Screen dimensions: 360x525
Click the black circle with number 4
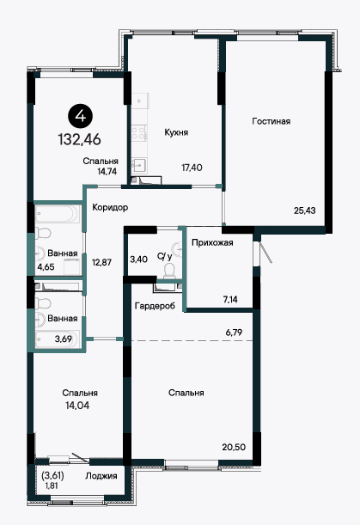[81, 116]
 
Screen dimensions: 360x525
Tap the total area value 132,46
[80, 139]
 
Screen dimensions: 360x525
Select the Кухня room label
[176, 132]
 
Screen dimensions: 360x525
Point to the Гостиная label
[272, 121]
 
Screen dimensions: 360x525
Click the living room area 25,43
[305, 211]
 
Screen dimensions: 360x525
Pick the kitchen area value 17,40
[192, 167]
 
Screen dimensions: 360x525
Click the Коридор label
[110, 207]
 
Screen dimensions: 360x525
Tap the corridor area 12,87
[101, 262]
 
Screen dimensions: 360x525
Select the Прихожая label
[212, 242]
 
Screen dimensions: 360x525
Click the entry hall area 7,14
[230, 299]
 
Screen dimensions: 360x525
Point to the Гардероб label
[155, 306]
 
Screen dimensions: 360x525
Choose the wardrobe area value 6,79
[234, 333]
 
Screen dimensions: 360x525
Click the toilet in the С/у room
[169, 271]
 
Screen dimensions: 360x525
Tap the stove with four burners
[139, 133]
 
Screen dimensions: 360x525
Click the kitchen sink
[139, 165]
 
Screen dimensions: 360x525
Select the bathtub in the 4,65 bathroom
[58, 214]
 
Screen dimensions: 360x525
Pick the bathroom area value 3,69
[64, 339]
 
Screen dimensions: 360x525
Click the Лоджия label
[101, 476]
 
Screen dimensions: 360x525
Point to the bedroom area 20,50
[234, 447]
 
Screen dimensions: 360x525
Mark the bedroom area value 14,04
[77, 406]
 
